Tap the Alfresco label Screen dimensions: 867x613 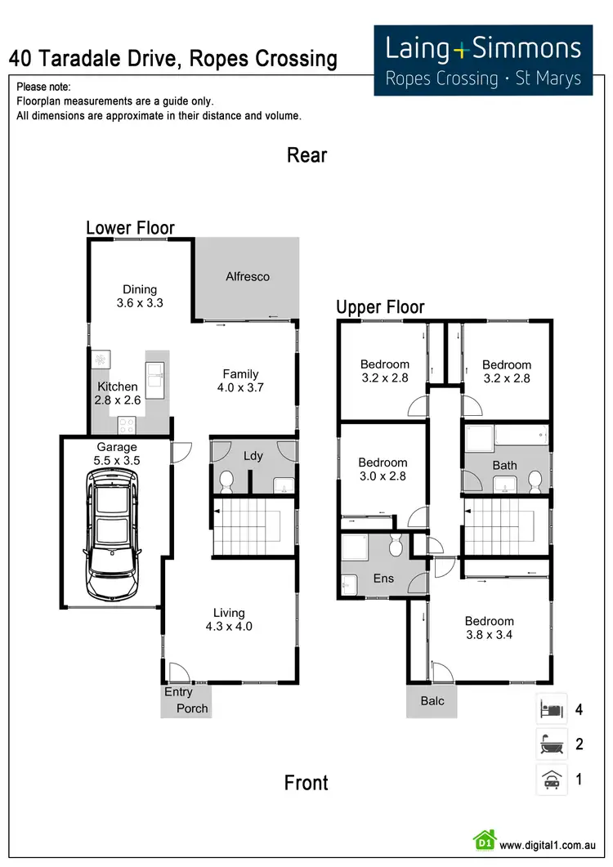click(248, 276)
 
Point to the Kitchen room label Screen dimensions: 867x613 click(118, 387)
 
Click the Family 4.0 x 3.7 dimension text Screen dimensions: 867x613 click(240, 388)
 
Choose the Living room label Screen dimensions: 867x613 click(229, 613)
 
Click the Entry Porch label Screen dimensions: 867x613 click(186, 700)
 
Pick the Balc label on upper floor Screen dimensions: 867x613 click(432, 700)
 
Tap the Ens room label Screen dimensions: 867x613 click(383, 579)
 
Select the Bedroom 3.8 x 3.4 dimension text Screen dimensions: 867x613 click(490, 635)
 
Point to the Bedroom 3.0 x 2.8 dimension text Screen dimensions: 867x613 click(383, 476)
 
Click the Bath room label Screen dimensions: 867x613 click(504, 466)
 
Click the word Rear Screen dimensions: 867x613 click(306, 155)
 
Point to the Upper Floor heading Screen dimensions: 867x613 click(380, 307)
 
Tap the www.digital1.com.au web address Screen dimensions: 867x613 click(546, 845)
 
